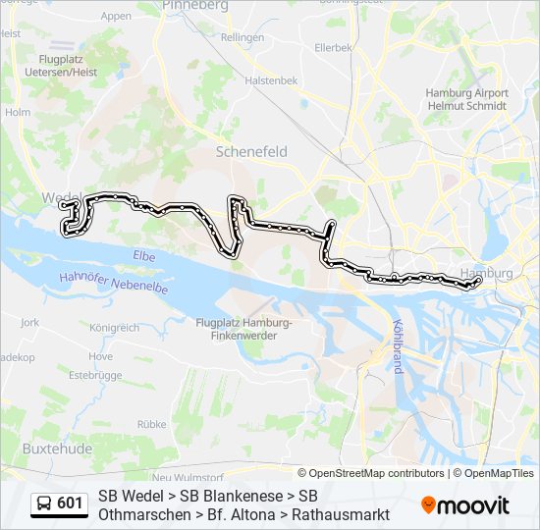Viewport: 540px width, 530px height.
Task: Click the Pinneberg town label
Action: (196, 6)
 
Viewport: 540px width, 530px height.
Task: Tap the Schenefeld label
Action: (251, 151)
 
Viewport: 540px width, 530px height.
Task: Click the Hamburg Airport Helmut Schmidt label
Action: (466, 99)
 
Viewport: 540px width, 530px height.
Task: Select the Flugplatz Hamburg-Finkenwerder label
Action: (243, 329)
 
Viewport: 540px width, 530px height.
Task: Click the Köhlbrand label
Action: (397, 345)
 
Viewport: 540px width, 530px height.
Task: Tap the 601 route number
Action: (70, 503)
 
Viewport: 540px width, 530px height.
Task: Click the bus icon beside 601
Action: (44, 503)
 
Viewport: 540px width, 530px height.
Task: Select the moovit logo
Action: (465, 505)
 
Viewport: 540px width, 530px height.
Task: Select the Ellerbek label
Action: (334, 47)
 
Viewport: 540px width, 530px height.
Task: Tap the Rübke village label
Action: (151, 424)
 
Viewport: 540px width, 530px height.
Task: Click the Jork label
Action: (29, 322)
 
